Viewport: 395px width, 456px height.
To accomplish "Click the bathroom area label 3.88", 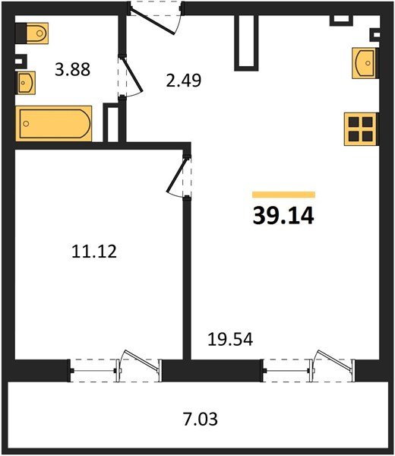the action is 73,69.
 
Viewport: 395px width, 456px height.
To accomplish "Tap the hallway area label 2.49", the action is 184,81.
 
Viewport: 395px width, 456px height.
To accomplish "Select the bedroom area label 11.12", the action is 94,252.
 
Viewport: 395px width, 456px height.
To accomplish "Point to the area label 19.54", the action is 230,339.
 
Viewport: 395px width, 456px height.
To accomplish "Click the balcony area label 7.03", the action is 201,420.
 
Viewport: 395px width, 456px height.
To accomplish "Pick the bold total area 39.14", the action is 283,216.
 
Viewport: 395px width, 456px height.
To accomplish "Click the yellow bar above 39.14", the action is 283,195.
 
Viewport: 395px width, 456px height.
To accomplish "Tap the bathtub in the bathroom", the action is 54,124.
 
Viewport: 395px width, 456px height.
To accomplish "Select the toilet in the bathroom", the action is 32,33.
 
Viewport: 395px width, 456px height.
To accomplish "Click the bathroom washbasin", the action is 26,83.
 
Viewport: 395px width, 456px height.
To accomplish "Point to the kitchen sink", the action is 364,63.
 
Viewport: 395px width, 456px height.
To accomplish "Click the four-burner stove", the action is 360,129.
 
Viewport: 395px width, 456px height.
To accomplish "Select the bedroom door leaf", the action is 175,176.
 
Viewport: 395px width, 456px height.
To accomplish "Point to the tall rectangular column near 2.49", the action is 246,43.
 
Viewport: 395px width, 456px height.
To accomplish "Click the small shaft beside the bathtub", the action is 111,122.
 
